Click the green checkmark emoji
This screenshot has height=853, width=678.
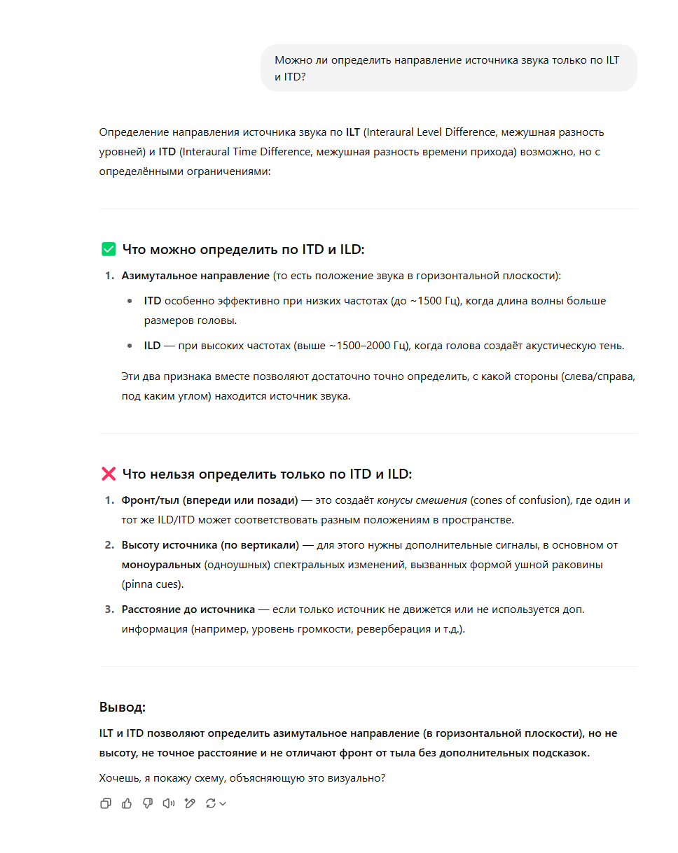(109, 249)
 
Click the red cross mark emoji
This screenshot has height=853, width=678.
(109, 474)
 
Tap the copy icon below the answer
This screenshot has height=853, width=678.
(106, 803)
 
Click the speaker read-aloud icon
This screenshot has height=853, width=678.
(168, 803)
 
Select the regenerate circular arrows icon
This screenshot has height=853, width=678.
(210, 803)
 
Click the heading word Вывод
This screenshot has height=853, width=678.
(122, 707)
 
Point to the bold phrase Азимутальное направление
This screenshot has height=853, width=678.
(195, 276)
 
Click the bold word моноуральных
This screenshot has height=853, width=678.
(160, 564)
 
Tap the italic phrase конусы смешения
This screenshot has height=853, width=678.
(422, 500)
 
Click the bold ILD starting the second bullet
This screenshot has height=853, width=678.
(152, 346)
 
